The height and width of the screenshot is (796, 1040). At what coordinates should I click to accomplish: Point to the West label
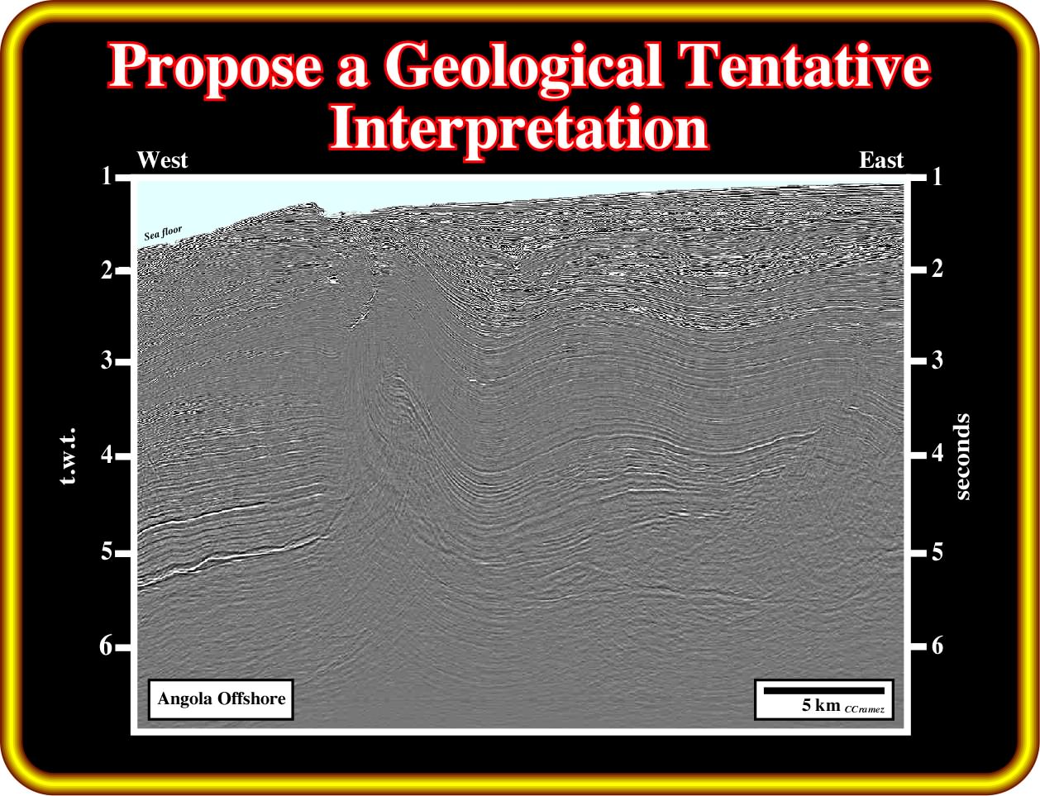[x=162, y=160]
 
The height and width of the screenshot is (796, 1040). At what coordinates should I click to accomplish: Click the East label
[x=881, y=160]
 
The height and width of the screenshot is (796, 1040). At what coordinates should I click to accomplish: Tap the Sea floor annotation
[x=163, y=233]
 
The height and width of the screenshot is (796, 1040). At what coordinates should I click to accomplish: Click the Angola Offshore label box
[x=221, y=699]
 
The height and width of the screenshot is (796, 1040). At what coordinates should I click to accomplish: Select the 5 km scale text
[x=821, y=705]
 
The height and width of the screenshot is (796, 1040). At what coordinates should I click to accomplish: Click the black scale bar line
[x=824, y=691]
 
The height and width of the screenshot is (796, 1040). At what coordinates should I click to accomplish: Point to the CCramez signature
[x=865, y=709]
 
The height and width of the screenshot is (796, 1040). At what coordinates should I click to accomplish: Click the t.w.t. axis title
[x=69, y=457]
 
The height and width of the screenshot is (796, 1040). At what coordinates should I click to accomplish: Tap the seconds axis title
[x=962, y=457]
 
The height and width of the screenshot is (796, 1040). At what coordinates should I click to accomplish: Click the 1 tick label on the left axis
[x=107, y=177]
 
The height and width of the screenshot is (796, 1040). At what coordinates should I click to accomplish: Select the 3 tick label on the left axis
[x=107, y=360]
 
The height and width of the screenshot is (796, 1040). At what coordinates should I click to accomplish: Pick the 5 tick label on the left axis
[x=107, y=552]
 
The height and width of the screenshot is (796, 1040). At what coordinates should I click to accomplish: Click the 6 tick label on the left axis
[x=106, y=646]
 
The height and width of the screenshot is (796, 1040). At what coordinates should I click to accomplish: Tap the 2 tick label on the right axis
[x=937, y=269]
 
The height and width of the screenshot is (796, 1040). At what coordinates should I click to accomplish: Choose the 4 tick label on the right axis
[x=937, y=452]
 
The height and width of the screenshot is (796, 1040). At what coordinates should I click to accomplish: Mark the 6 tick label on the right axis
[x=937, y=646]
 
